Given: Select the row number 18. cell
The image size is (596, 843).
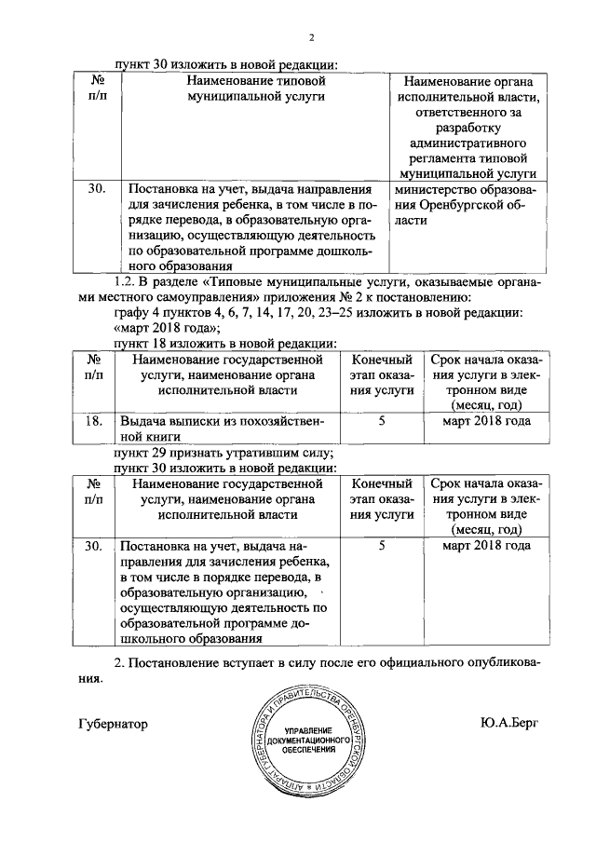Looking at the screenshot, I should click(x=93, y=421).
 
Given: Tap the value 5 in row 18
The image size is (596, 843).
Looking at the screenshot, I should click(x=382, y=421).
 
